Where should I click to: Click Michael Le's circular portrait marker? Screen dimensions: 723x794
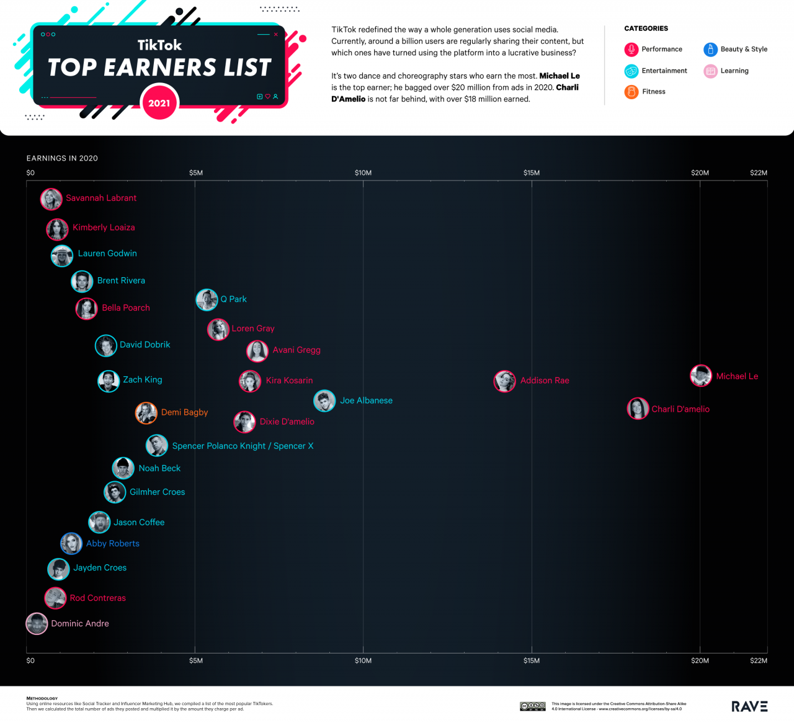(701, 376)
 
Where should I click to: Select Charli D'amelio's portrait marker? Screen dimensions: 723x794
(638, 409)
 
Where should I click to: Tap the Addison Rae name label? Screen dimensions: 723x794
(544, 381)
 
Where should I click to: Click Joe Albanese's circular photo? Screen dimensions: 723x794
(324, 401)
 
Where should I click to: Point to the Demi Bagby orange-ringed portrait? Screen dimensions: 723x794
(146, 412)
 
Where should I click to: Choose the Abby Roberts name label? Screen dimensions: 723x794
(112, 544)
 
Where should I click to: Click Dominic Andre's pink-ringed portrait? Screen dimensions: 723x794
(37, 624)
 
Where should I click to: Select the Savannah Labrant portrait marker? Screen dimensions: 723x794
(51, 199)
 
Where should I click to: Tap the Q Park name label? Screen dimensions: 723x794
(233, 299)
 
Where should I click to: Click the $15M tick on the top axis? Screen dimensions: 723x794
(532, 173)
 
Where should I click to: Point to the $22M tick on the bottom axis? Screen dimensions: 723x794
(758, 661)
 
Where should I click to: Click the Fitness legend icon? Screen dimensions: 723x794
(631, 92)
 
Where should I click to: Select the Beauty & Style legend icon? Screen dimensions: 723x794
(710, 50)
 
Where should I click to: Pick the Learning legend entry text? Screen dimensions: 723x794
(734, 71)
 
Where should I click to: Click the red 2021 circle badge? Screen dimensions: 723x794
(159, 103)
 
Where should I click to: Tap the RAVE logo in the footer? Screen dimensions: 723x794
(749, 706)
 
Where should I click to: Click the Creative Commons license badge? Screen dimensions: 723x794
(532, 706)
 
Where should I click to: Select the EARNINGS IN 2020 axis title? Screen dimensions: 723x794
(62, 159)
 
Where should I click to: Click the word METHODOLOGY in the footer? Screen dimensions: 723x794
(42, 698)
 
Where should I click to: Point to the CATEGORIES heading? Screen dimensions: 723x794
(646, 29)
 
